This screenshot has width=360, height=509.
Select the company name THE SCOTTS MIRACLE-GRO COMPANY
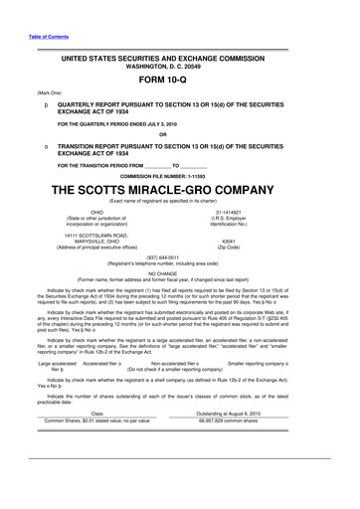click(x=179, y=189)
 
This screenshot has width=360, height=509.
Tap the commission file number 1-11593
click(x=179, y=175)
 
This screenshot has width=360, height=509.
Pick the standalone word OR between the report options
click(x=179, y=134)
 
